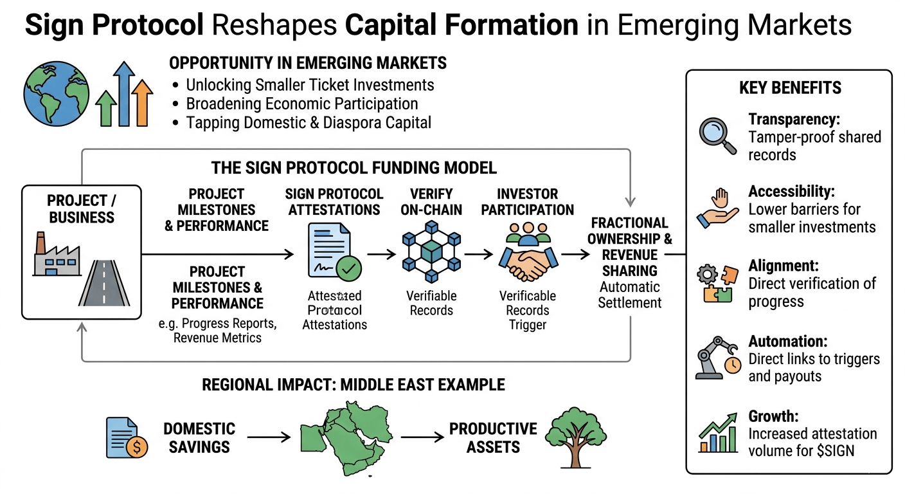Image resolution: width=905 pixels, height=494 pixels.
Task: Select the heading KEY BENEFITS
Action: [x=790, y=87]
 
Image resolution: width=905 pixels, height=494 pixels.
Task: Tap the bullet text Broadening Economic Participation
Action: [x=302, y=104]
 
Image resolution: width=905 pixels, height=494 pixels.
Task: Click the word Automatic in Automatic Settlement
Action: [x=630, y=286]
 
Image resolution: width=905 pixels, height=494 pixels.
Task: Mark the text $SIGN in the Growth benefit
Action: [x=834, y=450]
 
